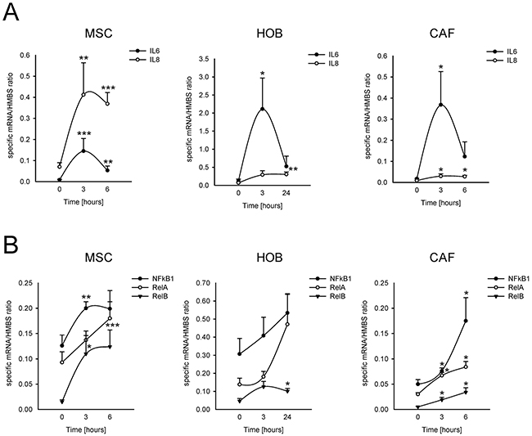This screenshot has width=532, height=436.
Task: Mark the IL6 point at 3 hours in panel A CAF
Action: pyautogui.click(x=440, y=104)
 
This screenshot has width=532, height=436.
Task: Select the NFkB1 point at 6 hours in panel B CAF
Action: pyautogui.click(x=466, y=321)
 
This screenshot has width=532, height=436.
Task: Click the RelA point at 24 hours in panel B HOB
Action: pyautogui.click(x=286, y=324)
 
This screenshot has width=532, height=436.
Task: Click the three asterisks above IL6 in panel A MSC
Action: pyautogui.click(x=85, y=133)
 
